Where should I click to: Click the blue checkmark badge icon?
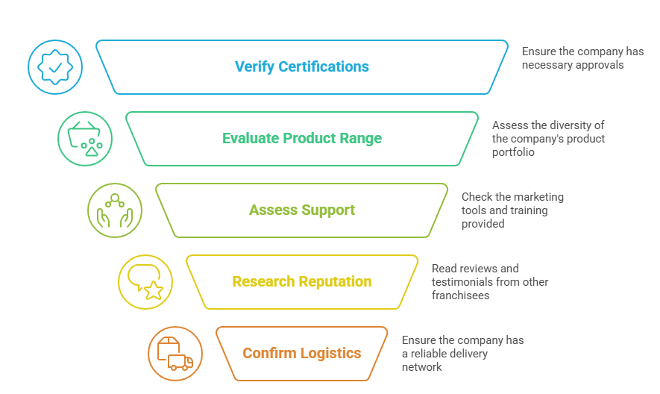click(55, 67)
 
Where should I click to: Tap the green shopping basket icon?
click(85, 139)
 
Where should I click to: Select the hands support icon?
click(115, 210)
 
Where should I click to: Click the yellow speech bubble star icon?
click(145, 282)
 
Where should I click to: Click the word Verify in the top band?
click(254, 67)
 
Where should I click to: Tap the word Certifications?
click(324, 67)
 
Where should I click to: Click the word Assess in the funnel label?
click(272, 210)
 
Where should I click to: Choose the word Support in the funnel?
click(328, 210)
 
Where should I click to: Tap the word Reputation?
click(335, 282)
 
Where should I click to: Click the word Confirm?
click(269, 354)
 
